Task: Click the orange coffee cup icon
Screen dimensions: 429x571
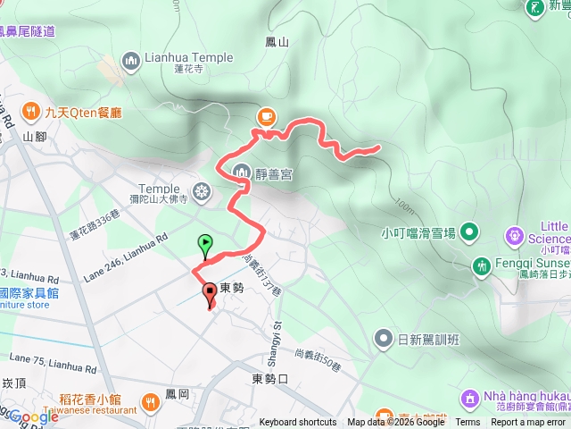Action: pyautogui.click(x=266, y=116)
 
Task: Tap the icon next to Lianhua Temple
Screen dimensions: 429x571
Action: pyautogui.click(x=132, y=60)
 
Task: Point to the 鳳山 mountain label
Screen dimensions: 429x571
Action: pyautogui.click(x=277, y=42)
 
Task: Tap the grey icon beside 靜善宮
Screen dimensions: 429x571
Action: pyautogui.click(x=241, y=172)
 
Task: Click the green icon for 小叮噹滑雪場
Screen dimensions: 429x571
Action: pyautogui.click(x=469, y=233)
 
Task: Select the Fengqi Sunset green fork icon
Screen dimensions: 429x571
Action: pyautogui.click(x=482, y=265)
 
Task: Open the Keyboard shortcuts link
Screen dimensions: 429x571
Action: pyautogui.click(x=298, y=423)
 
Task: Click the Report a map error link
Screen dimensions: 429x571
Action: pyautogui.click(x=527, y=423)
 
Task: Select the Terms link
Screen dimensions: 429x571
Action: pyautogui.click(x=468, y=423)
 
